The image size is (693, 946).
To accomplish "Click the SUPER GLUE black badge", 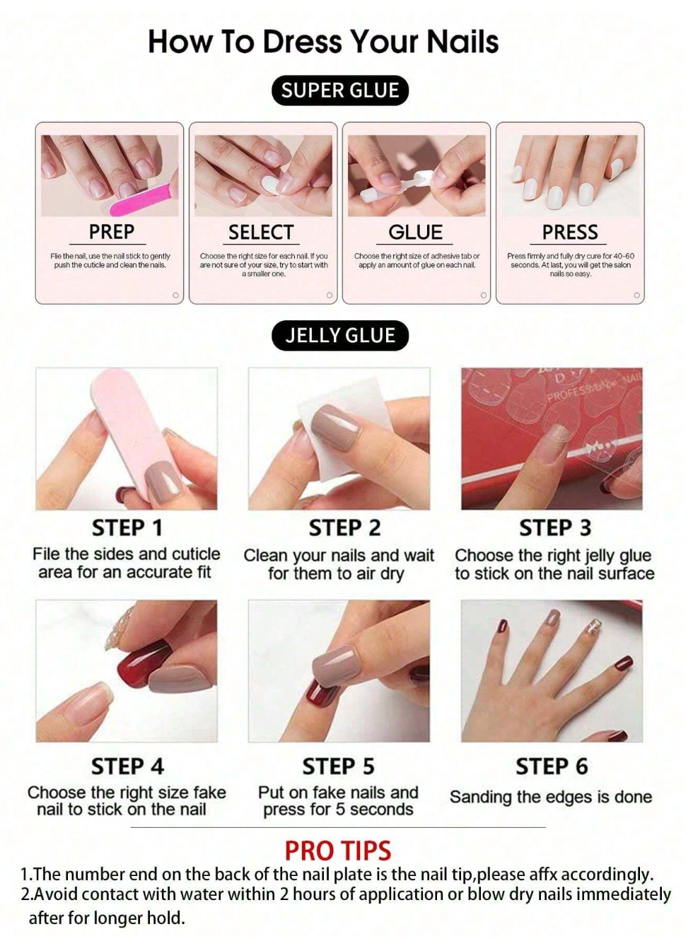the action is (x=339, y=90).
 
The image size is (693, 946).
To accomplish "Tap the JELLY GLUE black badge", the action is (x=340, y=335).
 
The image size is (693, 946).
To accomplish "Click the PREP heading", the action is (x=112, y=232).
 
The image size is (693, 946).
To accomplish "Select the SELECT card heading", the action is (x=261, y=233).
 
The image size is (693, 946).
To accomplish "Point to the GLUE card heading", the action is (x=416, y=233).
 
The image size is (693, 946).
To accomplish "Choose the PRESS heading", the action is (x=570, y=233).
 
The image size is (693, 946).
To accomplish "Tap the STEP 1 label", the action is (x=127, y=528).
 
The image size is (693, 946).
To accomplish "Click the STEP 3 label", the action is (x=555, y=528).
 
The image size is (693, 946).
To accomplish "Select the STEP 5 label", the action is (x=338, y=767).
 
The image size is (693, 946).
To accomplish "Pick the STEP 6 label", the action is (x=552, y=766).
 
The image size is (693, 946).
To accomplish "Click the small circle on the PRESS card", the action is (x=636, y=296).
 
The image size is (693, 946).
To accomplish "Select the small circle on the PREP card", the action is (x=175, y=296).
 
